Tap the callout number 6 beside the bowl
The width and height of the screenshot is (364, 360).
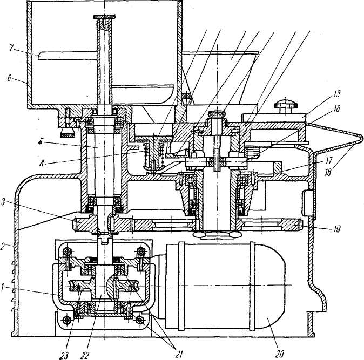(x=10, y=78)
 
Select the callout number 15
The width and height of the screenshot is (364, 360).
(x=336, y=94)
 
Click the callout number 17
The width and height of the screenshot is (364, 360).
(x=329, y=160)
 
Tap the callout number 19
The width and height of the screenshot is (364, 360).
(x=336, y=229)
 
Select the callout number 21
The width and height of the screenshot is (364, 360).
(x=179, y=354)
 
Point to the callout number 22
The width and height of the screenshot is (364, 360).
(x=84, y=356)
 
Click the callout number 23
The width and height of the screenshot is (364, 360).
(x=64, y=356)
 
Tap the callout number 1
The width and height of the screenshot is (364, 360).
(x=3, y=288)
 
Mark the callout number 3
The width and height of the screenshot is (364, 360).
(x=3, y=202)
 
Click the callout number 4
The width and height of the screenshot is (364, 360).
(x=42, y=164)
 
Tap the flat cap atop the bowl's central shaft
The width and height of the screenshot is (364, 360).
(x=104, y=17)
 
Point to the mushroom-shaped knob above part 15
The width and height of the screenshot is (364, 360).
(x=286, y=106)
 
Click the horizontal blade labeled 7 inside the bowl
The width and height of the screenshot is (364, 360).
(x=67, y=56)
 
